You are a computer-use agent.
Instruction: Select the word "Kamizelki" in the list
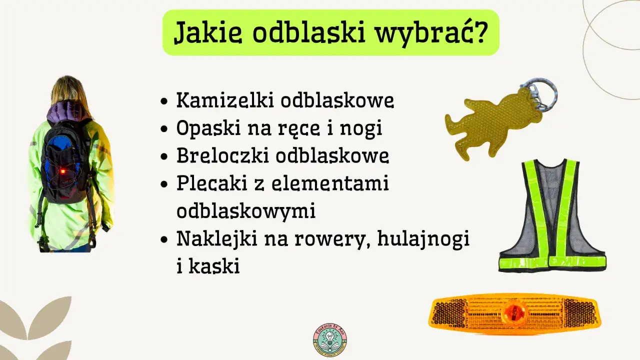pyautogui.click(x=225, y=100)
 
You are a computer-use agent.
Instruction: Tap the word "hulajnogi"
pyautogui.click(x=423, y=239)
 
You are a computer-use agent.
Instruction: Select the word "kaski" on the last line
pyautogui.click(x=214, y=266)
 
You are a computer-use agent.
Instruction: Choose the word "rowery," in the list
pyautogui.click(x=340, y=239)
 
